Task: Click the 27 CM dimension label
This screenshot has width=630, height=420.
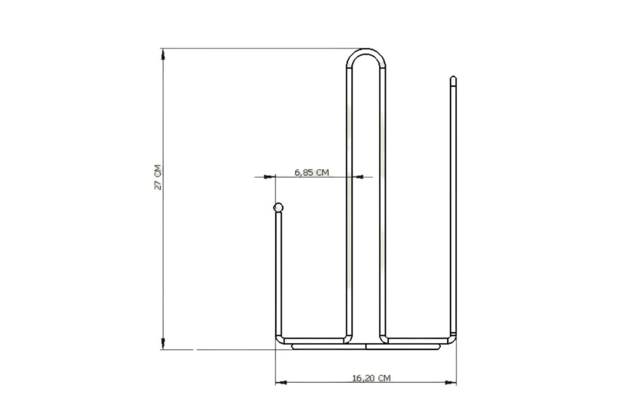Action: [x=157, y=177]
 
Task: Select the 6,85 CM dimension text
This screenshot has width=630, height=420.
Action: [x=312, y=172]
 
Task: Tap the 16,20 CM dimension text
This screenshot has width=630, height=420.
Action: [x=371, y=378]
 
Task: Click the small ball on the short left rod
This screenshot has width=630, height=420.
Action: [x=278, y=208]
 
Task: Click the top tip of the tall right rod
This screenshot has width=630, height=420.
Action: [x=453, y=77]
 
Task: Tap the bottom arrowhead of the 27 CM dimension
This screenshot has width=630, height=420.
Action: [x=162, y=344]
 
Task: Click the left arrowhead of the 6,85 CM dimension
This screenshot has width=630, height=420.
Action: [x=269, y=176]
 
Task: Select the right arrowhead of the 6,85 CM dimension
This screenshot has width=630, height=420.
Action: [x=359, y=176]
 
